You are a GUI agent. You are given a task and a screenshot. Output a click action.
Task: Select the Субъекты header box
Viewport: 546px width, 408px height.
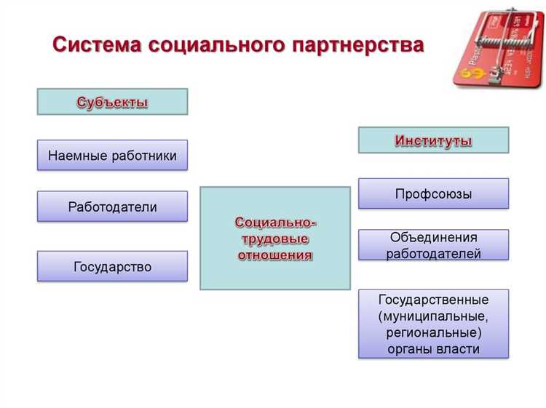point(112,102)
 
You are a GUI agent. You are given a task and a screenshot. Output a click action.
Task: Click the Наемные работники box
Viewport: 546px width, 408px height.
point(112,156)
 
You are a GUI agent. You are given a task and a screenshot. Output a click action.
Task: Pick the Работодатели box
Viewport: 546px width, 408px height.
point(112,207)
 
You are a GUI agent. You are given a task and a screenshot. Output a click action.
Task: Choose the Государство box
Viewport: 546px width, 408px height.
point(112,267)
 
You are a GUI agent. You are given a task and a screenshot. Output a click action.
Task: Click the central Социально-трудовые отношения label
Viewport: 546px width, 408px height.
point(275,239)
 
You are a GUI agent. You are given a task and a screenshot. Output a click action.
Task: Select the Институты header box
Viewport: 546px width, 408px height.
point(433,140)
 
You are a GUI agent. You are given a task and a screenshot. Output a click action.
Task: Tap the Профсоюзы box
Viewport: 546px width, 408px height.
point(433,194)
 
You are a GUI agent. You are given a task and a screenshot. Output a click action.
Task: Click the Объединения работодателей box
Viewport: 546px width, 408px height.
point(433,245)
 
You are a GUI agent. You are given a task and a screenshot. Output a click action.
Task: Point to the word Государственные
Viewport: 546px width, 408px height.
point(433,300)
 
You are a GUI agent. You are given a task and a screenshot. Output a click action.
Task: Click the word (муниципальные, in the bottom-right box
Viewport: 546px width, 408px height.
point(433,316)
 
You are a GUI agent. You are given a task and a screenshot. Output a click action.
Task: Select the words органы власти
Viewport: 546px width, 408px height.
point(433,348)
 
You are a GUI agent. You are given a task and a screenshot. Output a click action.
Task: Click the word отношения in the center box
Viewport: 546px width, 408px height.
point(275,255)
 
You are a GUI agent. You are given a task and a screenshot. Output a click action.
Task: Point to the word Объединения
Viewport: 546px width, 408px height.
point(433,237)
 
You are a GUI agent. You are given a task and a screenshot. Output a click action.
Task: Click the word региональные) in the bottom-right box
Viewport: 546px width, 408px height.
point(433,332)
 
